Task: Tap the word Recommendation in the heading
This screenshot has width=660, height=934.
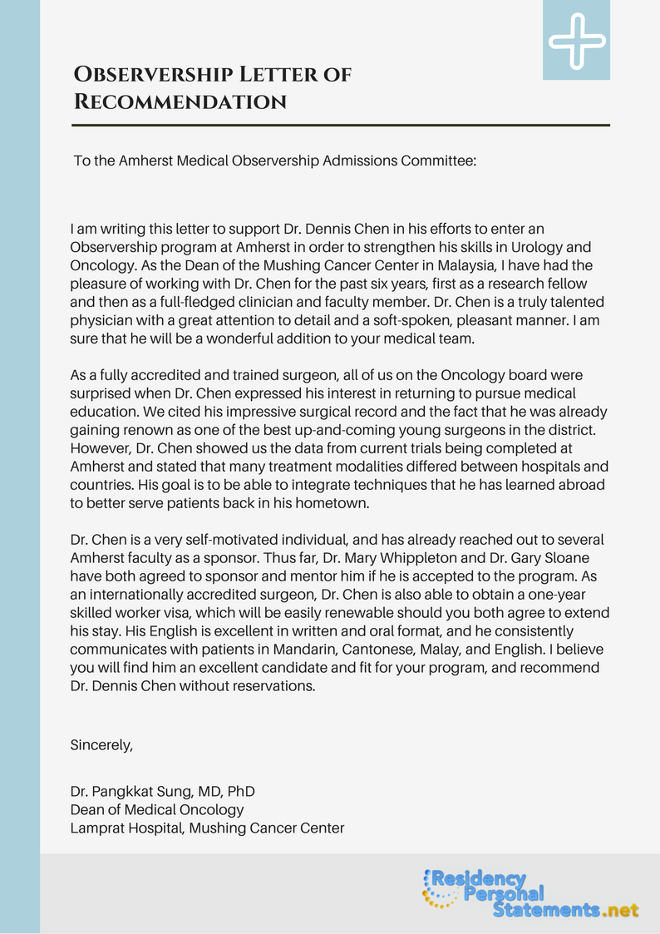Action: [180, 101]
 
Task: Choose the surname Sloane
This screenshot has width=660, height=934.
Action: [545, 558]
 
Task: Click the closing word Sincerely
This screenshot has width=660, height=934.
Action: [101, 744]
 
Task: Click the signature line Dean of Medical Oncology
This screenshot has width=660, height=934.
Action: [157, 808]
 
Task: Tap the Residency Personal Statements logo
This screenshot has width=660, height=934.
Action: [531, 893]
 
